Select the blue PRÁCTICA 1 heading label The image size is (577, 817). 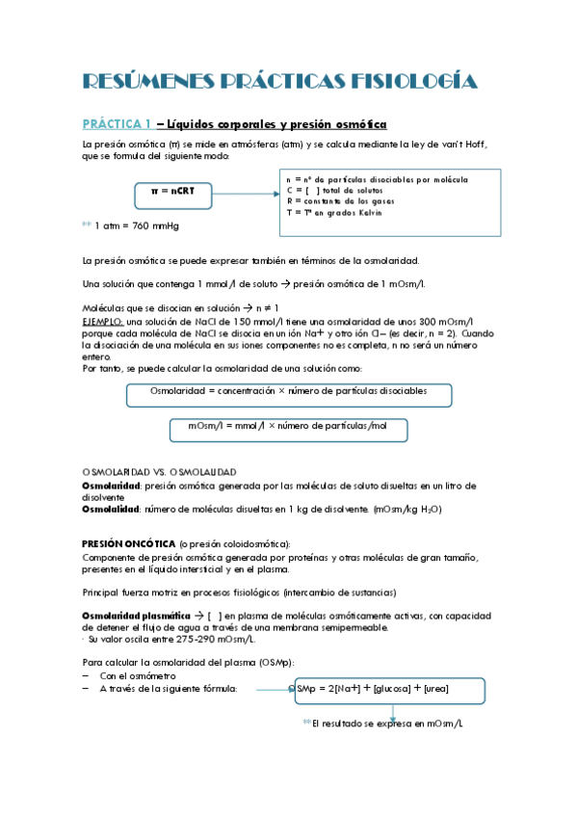tap(117, 124)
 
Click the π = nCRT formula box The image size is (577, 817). tap(173, 193)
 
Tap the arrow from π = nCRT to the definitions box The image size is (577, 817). tap(246, 193)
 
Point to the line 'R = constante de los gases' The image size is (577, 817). tap(344, 201)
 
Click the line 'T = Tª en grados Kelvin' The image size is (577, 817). tap(334, 213)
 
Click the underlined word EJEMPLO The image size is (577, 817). tap(102, 321)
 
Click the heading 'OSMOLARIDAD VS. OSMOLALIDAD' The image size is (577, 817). tap(159, 472)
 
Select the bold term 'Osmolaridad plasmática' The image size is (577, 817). tap(129, 616)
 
